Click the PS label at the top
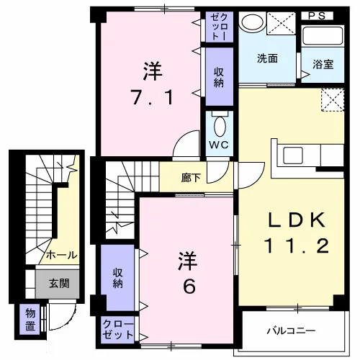click(317, 16)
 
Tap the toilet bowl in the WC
click(220, 127)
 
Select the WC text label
click(219, 145)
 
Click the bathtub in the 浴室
click(323, 36)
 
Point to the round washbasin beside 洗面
click(252, 22)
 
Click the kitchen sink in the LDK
click(293, 156)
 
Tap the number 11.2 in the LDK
click(297, 246)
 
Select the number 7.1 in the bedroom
click(152, 97)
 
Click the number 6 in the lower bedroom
click(189, 287)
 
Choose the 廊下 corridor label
click(191, 178)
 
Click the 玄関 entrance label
click(59, 283)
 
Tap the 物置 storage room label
click(30, 320)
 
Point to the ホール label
click(62, 255)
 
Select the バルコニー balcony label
click(291, 331)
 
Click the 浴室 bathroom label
click(323, 64)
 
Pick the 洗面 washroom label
click(267, 58)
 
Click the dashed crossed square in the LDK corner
click(333, 99)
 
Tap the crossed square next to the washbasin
click(281, 23)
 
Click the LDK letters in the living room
click(297, 220)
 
